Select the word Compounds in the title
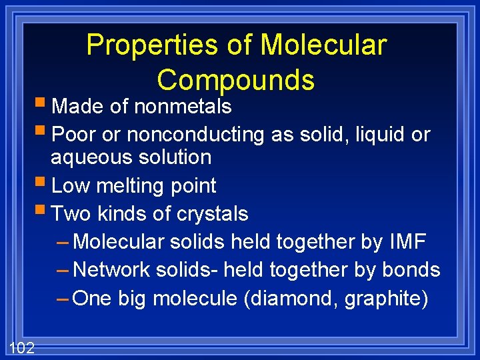click(235, 80)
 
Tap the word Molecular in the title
click(323, 45)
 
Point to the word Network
click(112, 270)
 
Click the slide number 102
click(22, 347)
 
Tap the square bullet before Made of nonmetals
click(43, 105)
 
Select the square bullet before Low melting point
click(43, 184)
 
